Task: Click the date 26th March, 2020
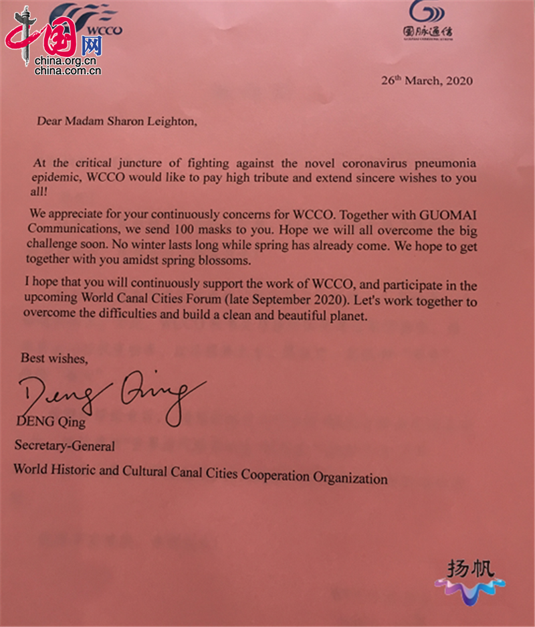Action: [x=427, y=81]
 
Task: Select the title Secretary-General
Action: [x=64, y=446]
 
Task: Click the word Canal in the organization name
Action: [x=162, y=471]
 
